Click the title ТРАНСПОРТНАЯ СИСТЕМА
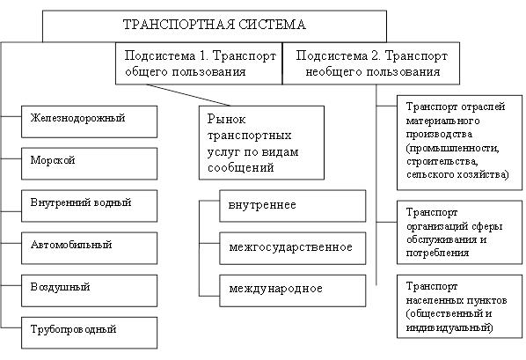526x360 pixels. coord(215,25)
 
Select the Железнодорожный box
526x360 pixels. coord(89,121)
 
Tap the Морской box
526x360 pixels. coord(89,164)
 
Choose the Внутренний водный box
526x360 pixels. coord(89,206)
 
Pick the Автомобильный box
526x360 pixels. coord(89,248)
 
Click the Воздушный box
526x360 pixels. coord(89,290)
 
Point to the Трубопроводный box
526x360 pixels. coord(89,333)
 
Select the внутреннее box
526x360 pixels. coord(293,206)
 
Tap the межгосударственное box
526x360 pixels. coord(293,248)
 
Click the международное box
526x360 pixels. coord(293,290)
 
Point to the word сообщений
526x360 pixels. coord(240,167)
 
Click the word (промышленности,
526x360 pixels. coord(452,148)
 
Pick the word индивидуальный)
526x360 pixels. coord(449,327)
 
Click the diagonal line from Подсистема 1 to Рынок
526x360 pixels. coord(188,95)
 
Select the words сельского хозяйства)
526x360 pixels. coord(457,174)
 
